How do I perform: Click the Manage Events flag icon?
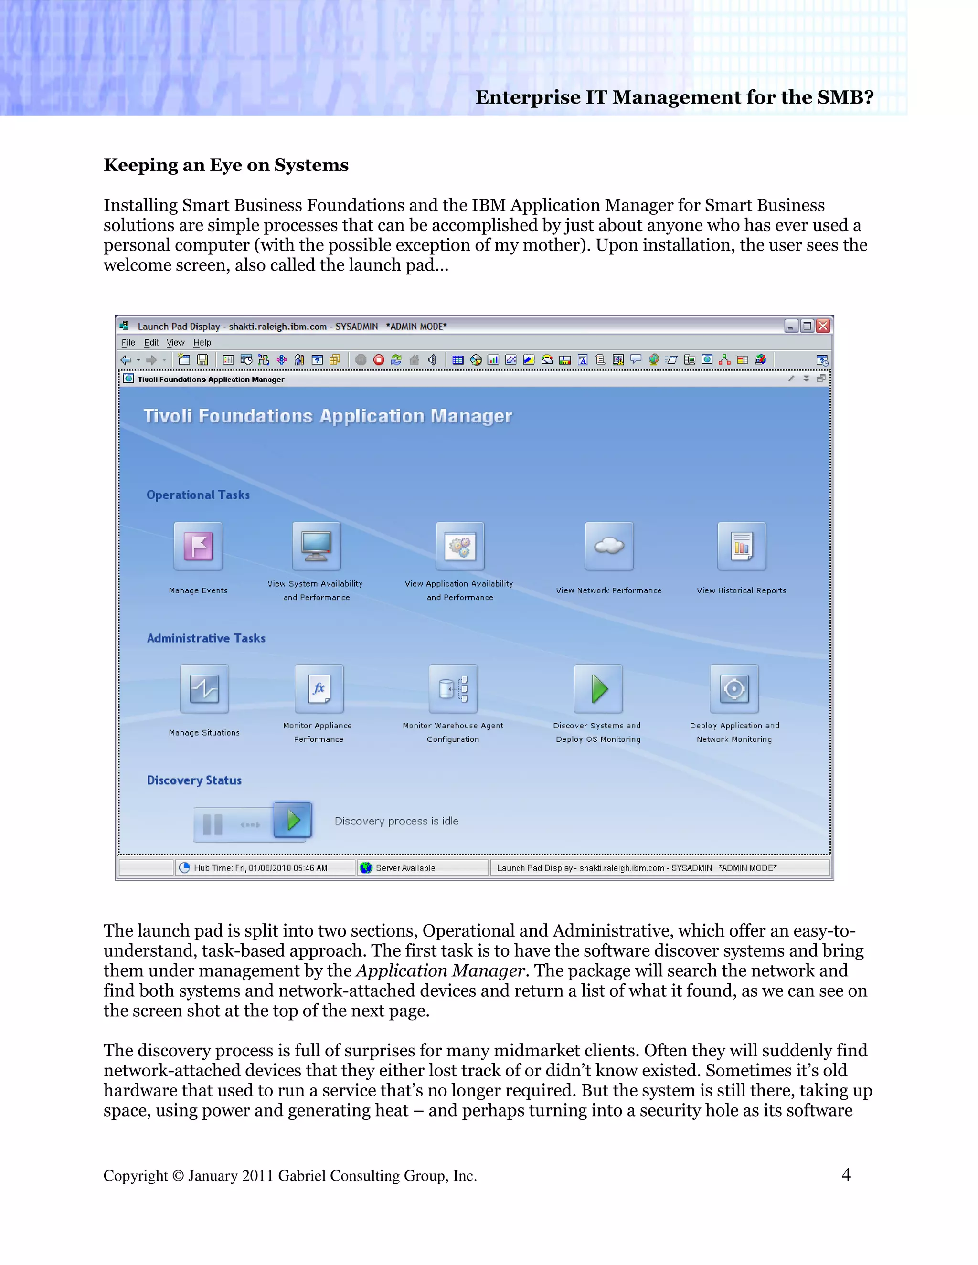(198, 546)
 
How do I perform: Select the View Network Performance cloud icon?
(609, 546)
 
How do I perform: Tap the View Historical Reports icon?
(742, 546)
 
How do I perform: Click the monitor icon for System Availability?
(316, 546)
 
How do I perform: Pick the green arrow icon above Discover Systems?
(598, 689)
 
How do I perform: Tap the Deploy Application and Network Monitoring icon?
(734, 689)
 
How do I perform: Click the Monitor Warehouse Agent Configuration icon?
(453, 689)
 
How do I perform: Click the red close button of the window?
(823, 326)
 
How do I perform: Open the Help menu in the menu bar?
(202, 343)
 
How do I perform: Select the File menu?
(128, 343)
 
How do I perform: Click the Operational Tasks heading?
(198, 495)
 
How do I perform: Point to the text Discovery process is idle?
(396, 821)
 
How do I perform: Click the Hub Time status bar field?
(260, 868)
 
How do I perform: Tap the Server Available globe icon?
(366, 868)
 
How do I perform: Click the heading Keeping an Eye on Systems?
(226, 165)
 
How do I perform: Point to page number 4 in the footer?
(846, 1175)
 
